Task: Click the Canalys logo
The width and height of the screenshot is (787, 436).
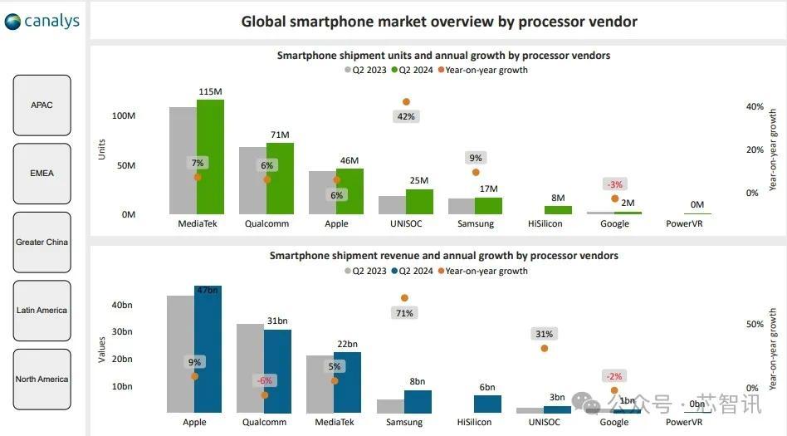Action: click(x=42, y=21)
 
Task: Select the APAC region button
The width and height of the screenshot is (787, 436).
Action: click(x=42, y=105)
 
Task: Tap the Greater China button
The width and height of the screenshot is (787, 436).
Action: click(x=42, y=242)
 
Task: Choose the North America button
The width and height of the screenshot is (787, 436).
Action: click(x=42, y=379)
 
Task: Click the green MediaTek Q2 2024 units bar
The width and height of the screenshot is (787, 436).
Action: click(x=210, y=157)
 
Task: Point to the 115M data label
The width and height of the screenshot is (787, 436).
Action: click(x=211, y=92)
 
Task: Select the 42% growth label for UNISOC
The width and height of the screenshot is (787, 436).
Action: click(x=406, y=116)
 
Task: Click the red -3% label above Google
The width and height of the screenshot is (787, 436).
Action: click(x=614, y=184)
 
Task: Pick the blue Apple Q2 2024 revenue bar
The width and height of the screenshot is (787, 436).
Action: click(x=208, y=350)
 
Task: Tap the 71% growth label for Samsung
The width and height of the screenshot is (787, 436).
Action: click(x=405, y=313)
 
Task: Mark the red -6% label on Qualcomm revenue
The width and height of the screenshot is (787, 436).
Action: click(x=264, y=380)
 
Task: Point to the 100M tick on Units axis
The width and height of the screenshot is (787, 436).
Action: click(x=124, y=115)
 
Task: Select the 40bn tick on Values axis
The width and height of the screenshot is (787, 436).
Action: click(x=122, y=305)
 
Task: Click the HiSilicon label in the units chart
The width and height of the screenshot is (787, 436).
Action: click(x=545, y=223)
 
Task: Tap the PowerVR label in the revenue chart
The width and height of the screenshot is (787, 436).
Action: click(x=684, y=422)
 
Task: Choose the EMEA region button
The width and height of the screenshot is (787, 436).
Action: click(x=42, y=174)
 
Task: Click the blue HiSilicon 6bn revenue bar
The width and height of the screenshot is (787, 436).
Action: click(x=487, y=404)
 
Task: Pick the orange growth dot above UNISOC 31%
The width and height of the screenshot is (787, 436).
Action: click(x=545, y=348)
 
